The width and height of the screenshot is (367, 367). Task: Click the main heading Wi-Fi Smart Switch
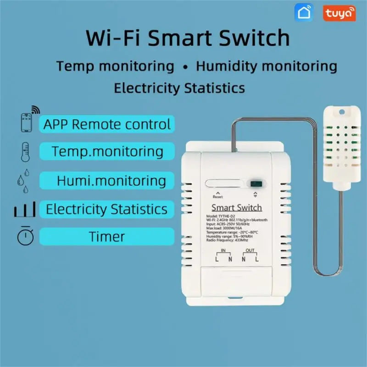(188, 38)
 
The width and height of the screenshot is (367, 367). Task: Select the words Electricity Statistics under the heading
(179, 87)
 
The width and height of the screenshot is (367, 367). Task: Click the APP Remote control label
(106, 124)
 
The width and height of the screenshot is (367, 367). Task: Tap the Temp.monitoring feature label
(107, 151)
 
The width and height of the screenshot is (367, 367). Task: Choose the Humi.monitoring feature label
(111, 180)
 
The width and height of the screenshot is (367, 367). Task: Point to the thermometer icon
(24, 151)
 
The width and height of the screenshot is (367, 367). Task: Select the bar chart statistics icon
(24, 211)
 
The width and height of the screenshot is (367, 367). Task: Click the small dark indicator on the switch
(254, 183)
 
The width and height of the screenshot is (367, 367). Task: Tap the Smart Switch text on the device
(236, 208)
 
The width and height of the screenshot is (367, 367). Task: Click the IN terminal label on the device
(224, 250)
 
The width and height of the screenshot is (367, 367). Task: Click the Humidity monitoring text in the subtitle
(267, 66)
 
